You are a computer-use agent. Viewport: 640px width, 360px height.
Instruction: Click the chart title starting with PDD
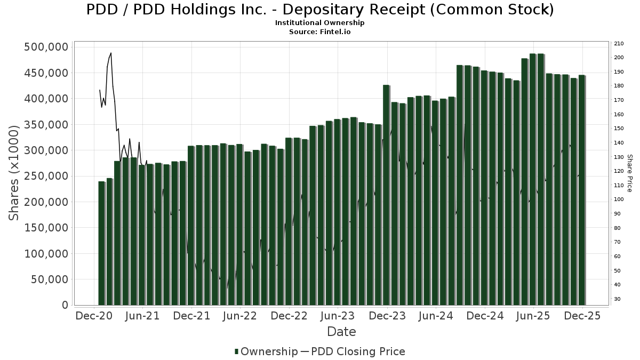point(320,10)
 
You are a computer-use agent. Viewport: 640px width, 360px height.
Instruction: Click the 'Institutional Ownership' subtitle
point(320,23)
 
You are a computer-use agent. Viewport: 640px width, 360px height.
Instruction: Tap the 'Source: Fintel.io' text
point(320,32)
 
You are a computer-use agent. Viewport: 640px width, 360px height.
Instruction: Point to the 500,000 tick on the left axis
point(46,47)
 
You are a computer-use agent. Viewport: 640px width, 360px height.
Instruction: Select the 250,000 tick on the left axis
point(46,176)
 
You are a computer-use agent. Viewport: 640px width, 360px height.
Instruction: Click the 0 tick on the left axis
point(65,305)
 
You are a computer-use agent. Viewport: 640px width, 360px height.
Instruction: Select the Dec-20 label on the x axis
point(94,316)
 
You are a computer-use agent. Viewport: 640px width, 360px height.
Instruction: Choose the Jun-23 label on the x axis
point(338,316)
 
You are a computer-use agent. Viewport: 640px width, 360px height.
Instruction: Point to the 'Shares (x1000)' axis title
point(14,173)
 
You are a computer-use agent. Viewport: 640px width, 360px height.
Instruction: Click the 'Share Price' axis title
point(629,173)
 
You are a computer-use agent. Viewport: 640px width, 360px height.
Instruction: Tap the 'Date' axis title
point(341,332)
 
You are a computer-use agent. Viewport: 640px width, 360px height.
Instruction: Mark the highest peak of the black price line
point(110,53)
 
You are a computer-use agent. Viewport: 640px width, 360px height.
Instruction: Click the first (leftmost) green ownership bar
point(101,243)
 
